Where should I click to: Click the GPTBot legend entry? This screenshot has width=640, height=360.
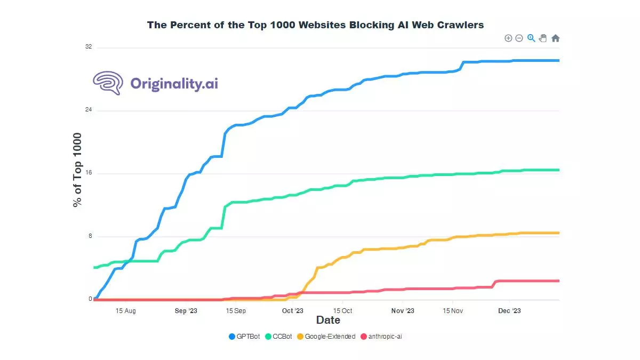(x=244, y=337)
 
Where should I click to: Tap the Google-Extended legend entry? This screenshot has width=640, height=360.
(x=325, y=337)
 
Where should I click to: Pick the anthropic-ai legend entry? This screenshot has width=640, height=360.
(x=385, y=337)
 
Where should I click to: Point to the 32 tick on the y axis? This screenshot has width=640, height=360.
(x=89, y=47)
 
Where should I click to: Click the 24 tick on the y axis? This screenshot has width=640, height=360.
(x=89, y=110)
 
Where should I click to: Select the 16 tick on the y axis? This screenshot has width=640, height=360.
(x=89, y=173)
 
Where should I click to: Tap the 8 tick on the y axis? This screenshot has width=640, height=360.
(x=90, y=236)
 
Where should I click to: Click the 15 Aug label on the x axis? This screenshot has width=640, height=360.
(x=125, y=310)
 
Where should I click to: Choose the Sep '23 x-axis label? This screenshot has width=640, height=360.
(x=186, y=310)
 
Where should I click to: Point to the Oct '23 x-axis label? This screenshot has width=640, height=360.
(x=292, y=310)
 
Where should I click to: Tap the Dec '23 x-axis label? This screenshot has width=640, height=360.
(x=509, y=310)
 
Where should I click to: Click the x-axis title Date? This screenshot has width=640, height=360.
(x=328, y=320)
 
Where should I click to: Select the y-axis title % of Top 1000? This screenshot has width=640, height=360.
(x=78, y=170)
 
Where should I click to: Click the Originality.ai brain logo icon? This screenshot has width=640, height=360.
(x=108, y=83)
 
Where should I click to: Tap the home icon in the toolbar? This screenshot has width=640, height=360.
(x=555, y=38)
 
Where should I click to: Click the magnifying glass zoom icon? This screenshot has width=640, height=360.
(x=531, y=38)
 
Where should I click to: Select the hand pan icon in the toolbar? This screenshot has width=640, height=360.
(x=543, y=38)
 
